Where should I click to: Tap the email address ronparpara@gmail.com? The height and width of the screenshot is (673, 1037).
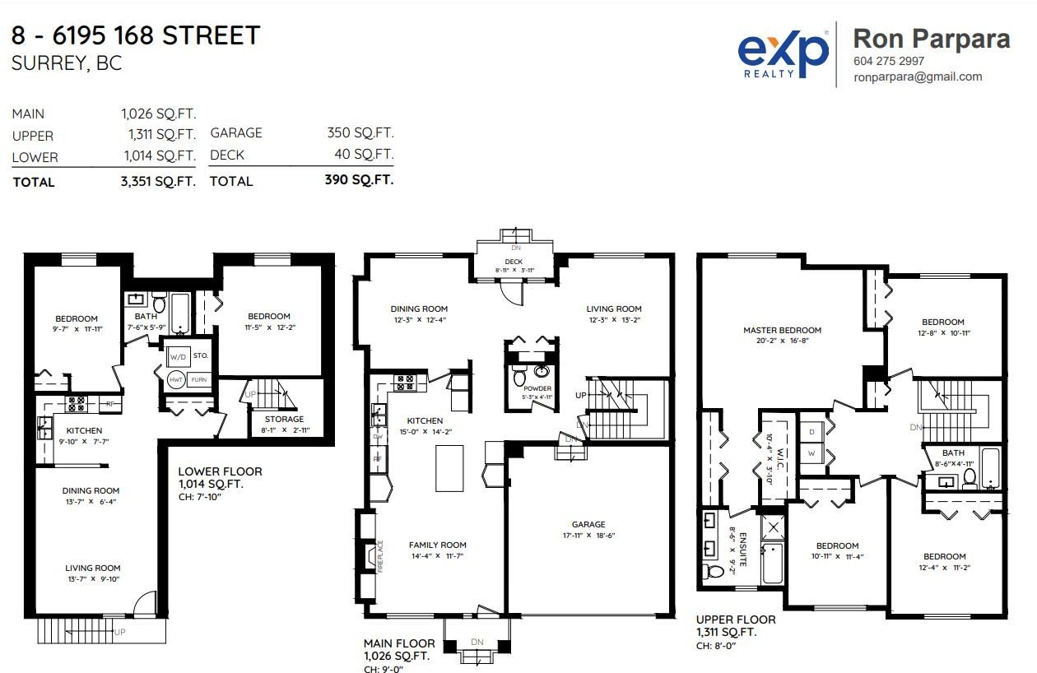(x=918, y=77)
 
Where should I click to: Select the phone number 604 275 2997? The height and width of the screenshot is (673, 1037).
(x=888, y=61)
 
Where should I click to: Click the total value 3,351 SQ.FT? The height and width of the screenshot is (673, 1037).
(x=158, y=181)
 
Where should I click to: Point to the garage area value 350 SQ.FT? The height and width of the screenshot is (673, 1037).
(x=360, y=132)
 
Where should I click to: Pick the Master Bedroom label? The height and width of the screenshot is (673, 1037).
(x=782, y=330)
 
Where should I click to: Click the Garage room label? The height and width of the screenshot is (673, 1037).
(x=588, y=524)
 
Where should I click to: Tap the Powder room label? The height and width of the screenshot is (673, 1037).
(x=537, y=388)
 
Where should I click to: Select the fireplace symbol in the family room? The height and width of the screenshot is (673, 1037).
(x=370, y=556)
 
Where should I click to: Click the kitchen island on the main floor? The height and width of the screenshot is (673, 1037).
(x=449, y=468)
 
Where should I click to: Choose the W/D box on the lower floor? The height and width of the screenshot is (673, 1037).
(x=178, y=357)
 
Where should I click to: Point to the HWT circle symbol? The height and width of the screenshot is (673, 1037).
(x=176, y=380)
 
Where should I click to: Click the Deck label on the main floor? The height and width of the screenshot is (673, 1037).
(x=514, y=262)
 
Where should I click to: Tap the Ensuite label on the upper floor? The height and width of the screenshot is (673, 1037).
(x=742, y=550)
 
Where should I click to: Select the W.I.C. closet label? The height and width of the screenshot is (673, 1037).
(x=779, y=459)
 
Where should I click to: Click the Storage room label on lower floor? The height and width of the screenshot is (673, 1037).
(x=284, y=419)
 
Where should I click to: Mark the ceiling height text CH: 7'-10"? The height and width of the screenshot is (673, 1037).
(x=200, y=497)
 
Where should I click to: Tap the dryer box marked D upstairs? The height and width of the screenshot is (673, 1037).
(x=811, y=432)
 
